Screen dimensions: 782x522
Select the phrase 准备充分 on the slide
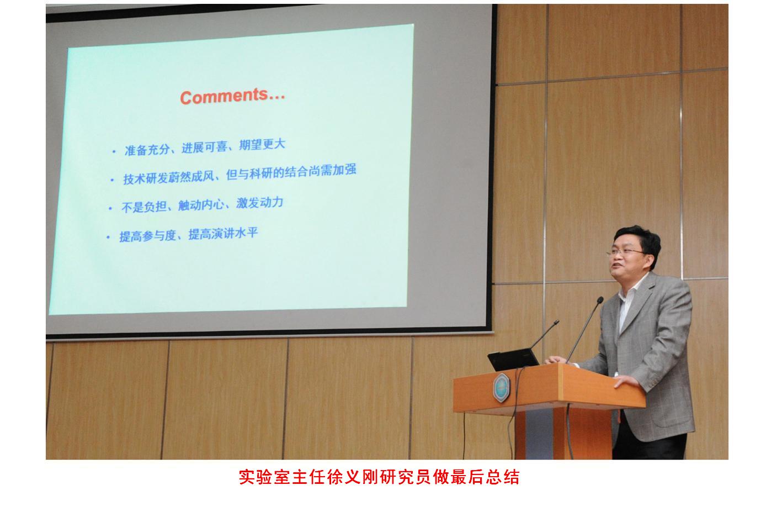147,150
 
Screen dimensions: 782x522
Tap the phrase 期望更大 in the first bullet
262,144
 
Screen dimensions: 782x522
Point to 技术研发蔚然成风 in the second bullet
169,178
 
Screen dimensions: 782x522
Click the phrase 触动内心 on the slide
201,205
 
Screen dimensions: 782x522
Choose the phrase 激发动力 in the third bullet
260,203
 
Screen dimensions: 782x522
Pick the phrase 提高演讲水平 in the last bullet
223,234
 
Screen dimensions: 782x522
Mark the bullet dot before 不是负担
110,209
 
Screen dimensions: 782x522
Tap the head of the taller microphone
600,300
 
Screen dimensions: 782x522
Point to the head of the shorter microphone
556,323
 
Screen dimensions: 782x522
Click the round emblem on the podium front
502,388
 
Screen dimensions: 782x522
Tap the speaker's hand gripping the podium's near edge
626,381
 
